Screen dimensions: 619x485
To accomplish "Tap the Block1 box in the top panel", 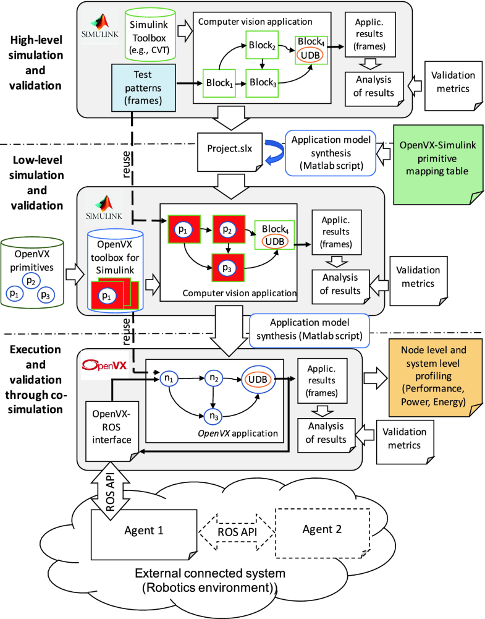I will [x=219, y=82].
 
